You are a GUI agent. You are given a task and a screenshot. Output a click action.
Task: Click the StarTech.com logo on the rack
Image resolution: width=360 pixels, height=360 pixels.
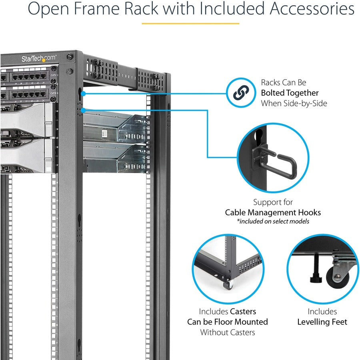tap(39, 58)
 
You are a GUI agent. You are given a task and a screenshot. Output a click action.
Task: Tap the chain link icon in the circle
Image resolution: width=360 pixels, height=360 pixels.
tap(240, 93)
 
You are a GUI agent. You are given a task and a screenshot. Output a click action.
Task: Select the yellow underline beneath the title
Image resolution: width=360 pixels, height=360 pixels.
tap(190, 23)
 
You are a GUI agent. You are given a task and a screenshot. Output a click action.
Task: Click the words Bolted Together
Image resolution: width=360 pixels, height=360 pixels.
tap(290, 93)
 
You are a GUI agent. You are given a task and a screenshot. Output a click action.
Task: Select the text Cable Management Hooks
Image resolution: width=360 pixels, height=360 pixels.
tap(273, 212)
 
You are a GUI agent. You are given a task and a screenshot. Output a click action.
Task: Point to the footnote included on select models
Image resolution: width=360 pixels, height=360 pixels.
tap(273, 221)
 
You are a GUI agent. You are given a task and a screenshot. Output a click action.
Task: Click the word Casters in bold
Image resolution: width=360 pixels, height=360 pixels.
tap(243, 311)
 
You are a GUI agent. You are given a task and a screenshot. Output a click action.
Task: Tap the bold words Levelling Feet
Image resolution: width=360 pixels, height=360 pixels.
tap(322, 322)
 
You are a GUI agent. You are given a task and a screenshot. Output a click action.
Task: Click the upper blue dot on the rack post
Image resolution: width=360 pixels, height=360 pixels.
tap(83, 93)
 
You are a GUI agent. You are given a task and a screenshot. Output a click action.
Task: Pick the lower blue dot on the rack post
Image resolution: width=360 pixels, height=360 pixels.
tap(83, 109)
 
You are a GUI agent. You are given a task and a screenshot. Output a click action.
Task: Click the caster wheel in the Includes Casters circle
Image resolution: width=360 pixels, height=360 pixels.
tap(228, 285)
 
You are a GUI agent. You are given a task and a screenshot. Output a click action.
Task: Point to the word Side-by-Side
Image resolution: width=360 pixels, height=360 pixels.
tap(308, 103)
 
